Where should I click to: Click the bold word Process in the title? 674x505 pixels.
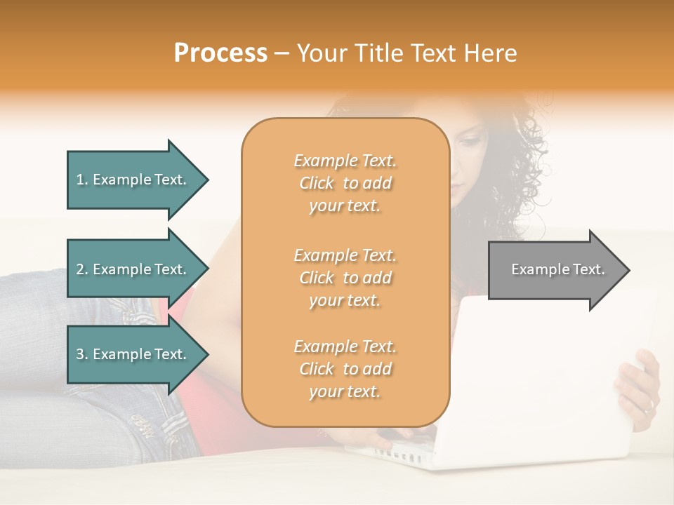click(x=220, y=53)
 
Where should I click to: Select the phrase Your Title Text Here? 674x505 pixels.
click(x=407, y=53)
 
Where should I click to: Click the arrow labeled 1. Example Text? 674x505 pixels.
click(x=133, y=180)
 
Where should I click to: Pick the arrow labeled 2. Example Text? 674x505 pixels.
click(x=133, y=269)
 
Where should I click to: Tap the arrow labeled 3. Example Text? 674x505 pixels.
click(x=133, y=354)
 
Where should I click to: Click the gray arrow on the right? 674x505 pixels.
click(x=555, y=270)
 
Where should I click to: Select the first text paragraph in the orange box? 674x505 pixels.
click(x=345, y=183)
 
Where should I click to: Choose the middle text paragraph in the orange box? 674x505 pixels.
click(x=345, y=278)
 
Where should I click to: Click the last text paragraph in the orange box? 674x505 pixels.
click(x=345, y=369)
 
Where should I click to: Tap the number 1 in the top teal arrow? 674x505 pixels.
click(x=80, y=180)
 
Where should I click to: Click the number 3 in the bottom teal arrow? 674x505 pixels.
click(x=80, y=354)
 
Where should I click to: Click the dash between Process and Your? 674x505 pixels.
click(x=282, y=53)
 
